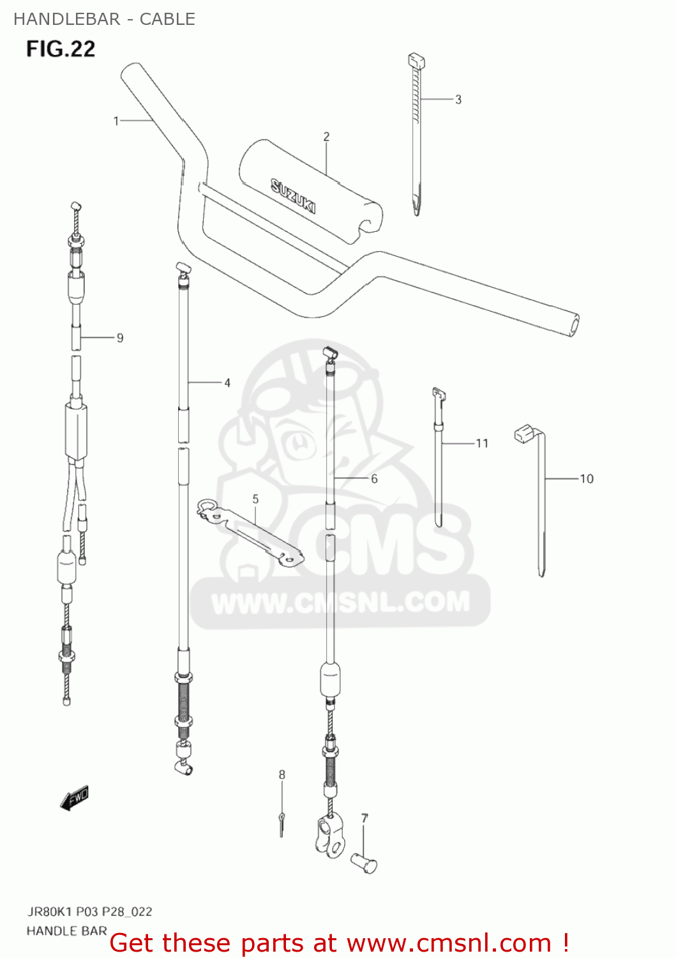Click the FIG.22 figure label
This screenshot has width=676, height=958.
(61, 49)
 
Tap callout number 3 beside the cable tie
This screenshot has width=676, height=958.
(458, 100)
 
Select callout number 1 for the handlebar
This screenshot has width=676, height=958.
(116, 121)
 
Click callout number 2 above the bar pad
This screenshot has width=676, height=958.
(326, 137)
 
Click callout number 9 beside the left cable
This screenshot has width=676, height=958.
(120, 338)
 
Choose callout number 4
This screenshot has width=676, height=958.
(227, 383)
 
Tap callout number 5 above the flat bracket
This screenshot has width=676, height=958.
(255, 499)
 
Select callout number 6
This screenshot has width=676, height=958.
(374, 478)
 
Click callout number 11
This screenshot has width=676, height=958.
(482, 443)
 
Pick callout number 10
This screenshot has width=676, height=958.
(587, 478)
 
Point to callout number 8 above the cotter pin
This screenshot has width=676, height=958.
(282, 775)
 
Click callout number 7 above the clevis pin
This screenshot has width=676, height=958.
(364, 818)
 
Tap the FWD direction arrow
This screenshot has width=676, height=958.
(75, 798)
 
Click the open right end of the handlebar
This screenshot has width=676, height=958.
(573, 325)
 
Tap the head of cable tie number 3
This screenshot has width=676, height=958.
(416, 62)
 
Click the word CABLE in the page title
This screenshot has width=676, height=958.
(167, 19)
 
